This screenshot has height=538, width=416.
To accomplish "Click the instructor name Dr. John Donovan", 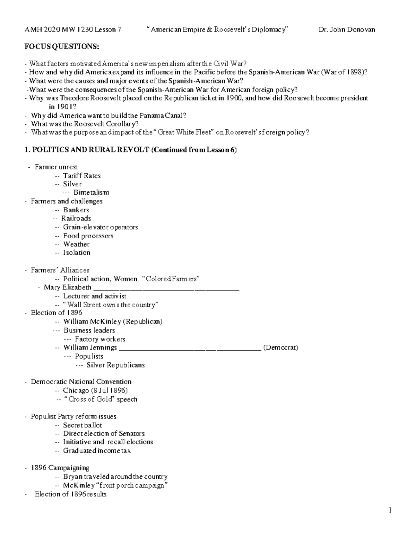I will (x=347, y=30).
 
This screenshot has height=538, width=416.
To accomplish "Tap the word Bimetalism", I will (x=91, y=193).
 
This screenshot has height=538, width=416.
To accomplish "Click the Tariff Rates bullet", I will (x=82, y=176).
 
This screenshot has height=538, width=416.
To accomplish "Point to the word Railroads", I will (x=76, y=219).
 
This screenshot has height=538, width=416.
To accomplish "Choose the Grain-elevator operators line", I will (x=100, y=227).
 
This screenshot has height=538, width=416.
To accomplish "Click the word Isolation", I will (x=77, y=253).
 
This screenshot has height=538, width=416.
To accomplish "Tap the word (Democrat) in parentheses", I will (x=280, y=347).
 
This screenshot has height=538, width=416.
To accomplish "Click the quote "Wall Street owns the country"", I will (x=111, y=305).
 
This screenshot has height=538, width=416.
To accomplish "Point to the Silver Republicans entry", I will (x=115, y=365).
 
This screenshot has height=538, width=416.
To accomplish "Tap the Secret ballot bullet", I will (x=82, y=425).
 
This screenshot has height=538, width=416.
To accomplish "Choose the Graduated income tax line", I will (x=97, y=451).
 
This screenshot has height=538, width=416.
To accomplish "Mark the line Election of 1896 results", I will (x=70, y=494).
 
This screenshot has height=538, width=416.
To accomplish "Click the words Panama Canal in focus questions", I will (x=165, y=115).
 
